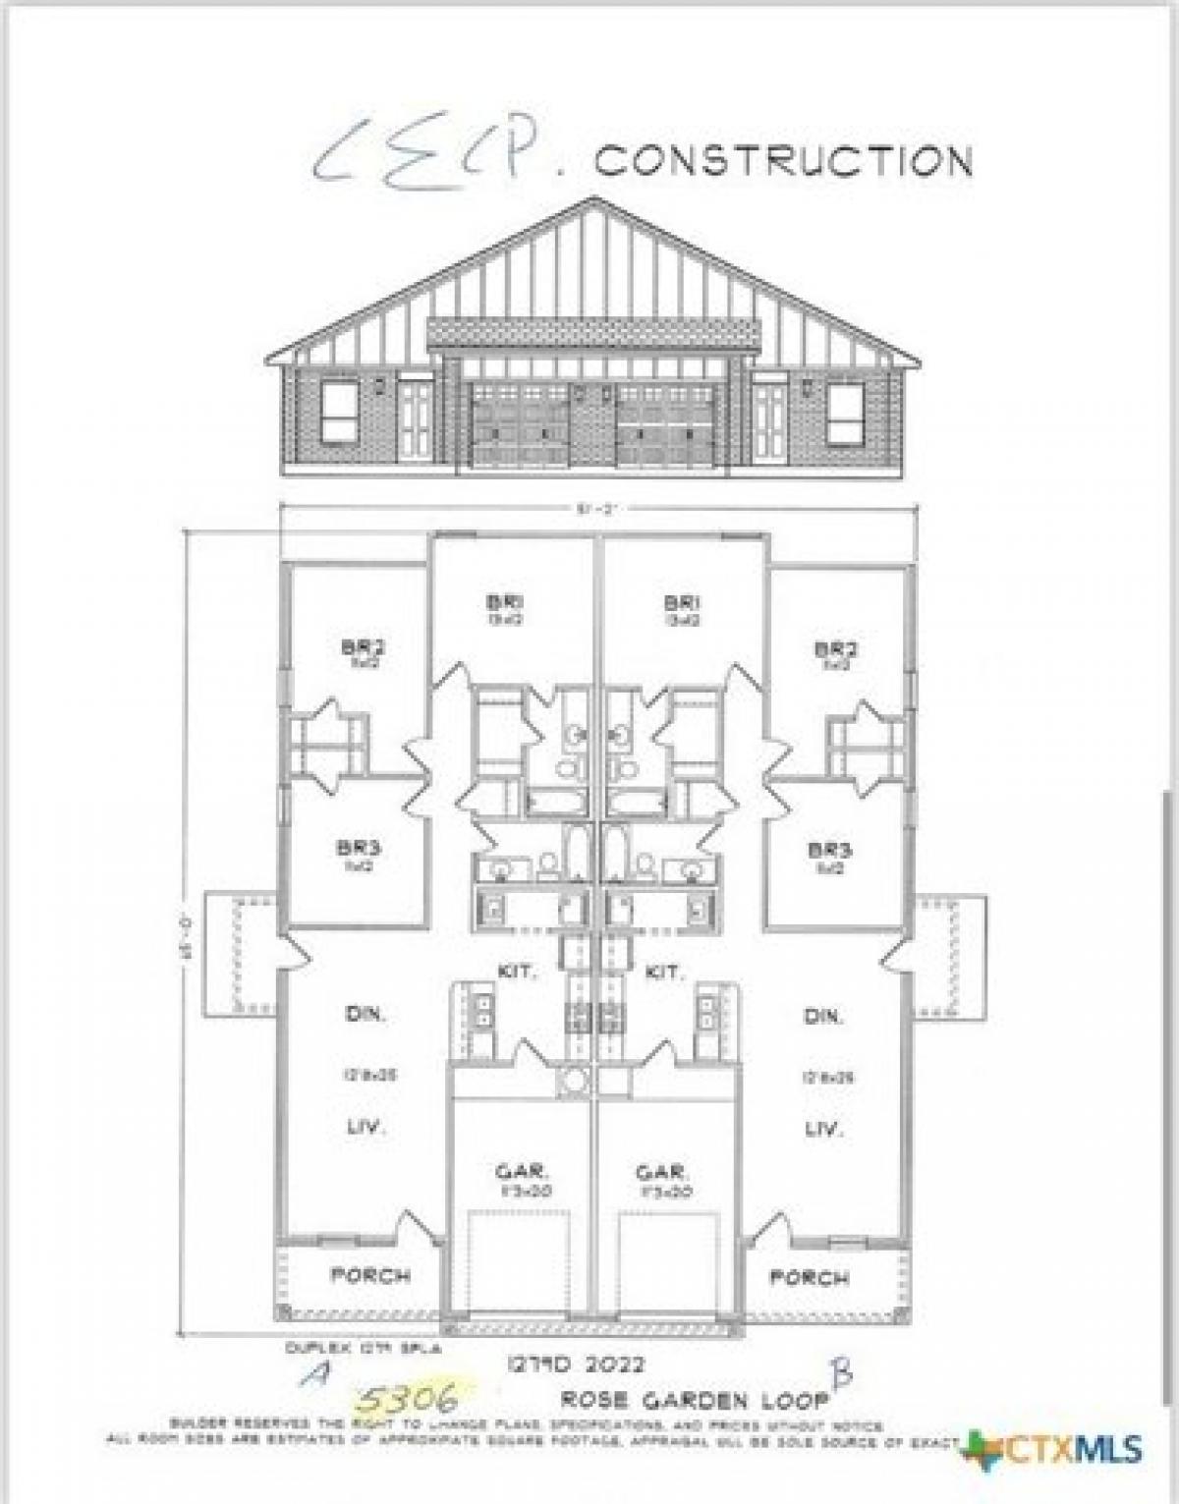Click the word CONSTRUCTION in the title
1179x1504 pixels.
pos(783,160)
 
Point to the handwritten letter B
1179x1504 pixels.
pos(842,1373)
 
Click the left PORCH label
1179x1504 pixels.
pos(370,1277)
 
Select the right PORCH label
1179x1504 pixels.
pos(809,1278)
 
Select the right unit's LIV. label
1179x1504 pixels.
pos(823,1130)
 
